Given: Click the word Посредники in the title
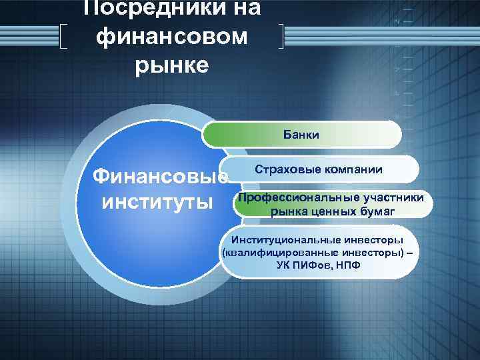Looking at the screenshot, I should click(172, 8).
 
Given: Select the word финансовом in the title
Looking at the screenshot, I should click(172, 37).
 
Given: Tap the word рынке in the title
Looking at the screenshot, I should click(172, 65).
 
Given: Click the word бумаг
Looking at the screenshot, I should click(378, 212).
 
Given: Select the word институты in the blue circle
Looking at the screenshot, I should click(157, 201).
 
